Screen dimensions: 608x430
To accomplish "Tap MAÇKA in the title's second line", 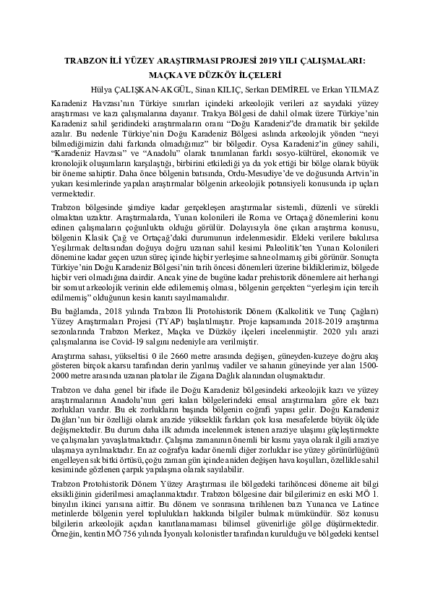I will tap(171, 75).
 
